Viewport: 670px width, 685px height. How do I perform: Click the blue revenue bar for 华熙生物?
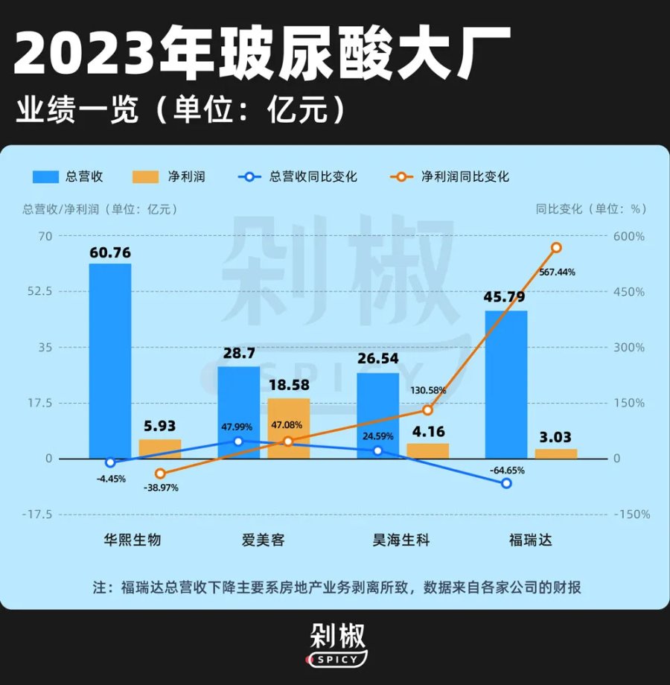pos(110,361)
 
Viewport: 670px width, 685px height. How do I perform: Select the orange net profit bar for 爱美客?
pos(288,428)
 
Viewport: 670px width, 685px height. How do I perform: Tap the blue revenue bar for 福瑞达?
pos(506,384)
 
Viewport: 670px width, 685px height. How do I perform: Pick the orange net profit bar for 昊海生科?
pos(428,450)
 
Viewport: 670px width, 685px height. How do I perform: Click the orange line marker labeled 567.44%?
pos(556,247)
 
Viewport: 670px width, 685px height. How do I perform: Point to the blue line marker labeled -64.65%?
pos(506,483)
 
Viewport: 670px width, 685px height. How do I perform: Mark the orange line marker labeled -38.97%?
pos(160,474)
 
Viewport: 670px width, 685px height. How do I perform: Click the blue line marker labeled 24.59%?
pos(377,450)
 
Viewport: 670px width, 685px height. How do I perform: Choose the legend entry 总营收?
pos(67,176)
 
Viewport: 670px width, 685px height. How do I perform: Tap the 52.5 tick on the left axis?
pos(40,291)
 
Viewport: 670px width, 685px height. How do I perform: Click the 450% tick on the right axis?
pos(629,291)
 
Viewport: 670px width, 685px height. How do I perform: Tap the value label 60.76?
pos(110,252)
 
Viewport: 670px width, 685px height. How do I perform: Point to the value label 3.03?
pos(556,437)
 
